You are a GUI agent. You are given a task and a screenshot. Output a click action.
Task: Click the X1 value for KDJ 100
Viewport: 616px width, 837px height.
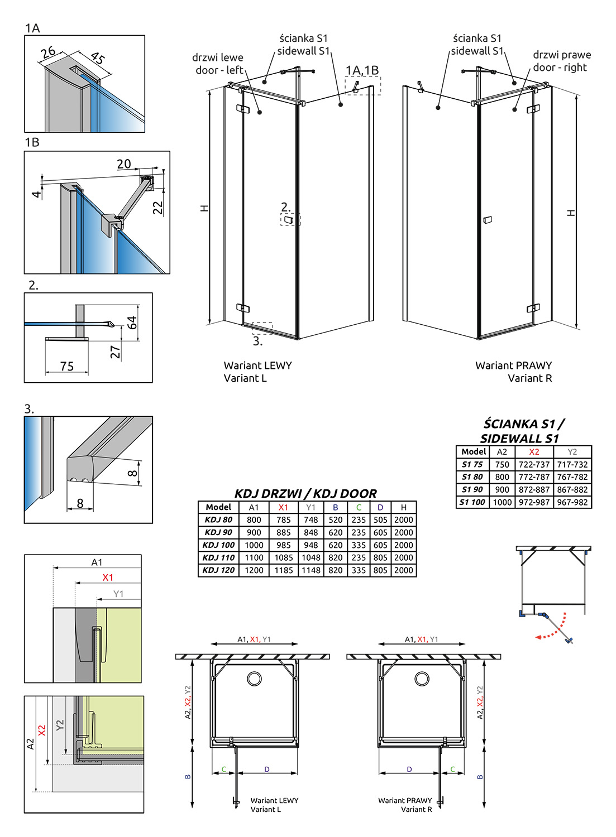coord(283,545)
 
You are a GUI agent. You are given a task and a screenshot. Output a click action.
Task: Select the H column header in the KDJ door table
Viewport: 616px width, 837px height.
coord(403,507)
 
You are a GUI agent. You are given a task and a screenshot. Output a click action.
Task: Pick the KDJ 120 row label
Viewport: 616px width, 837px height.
coord(218,570)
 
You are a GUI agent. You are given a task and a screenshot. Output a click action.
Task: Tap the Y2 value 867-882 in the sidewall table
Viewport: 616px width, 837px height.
coord(572,489)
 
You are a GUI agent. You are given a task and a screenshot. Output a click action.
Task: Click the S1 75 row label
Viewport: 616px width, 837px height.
coord(472,464)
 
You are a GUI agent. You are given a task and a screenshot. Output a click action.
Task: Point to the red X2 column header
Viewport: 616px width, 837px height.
coord(534,452)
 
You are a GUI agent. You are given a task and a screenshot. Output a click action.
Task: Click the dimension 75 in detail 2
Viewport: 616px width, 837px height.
coord(66,366)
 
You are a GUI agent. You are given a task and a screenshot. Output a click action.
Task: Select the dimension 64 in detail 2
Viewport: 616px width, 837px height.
coord(132,323)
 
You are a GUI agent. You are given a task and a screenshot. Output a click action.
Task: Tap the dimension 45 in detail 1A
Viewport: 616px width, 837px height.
coord(98,57)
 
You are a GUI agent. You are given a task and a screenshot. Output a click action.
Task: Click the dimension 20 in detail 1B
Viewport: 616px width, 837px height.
coord(124,163)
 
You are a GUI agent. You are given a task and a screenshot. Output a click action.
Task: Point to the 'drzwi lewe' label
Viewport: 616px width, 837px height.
coord(218,57)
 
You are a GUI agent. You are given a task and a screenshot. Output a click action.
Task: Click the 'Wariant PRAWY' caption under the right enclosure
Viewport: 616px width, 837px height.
coord(513,365)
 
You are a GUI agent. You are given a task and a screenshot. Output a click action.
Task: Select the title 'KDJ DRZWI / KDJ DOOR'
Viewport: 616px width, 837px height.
coord(305,493)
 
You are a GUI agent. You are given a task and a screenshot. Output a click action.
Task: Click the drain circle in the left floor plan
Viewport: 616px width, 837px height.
coord(254,679)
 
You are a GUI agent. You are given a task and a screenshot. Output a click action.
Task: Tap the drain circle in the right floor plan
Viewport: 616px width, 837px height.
coord(422,679)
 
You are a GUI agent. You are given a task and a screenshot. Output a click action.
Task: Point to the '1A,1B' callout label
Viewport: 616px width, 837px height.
coord(362,70)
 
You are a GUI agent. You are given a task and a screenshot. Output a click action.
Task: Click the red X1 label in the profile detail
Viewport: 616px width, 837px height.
coord(108,578)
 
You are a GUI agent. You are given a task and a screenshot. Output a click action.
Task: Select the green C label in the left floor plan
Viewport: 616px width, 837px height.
coord(224,769)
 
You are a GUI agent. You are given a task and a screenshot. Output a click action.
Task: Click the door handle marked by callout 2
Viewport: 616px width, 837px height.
coord(289,220)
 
